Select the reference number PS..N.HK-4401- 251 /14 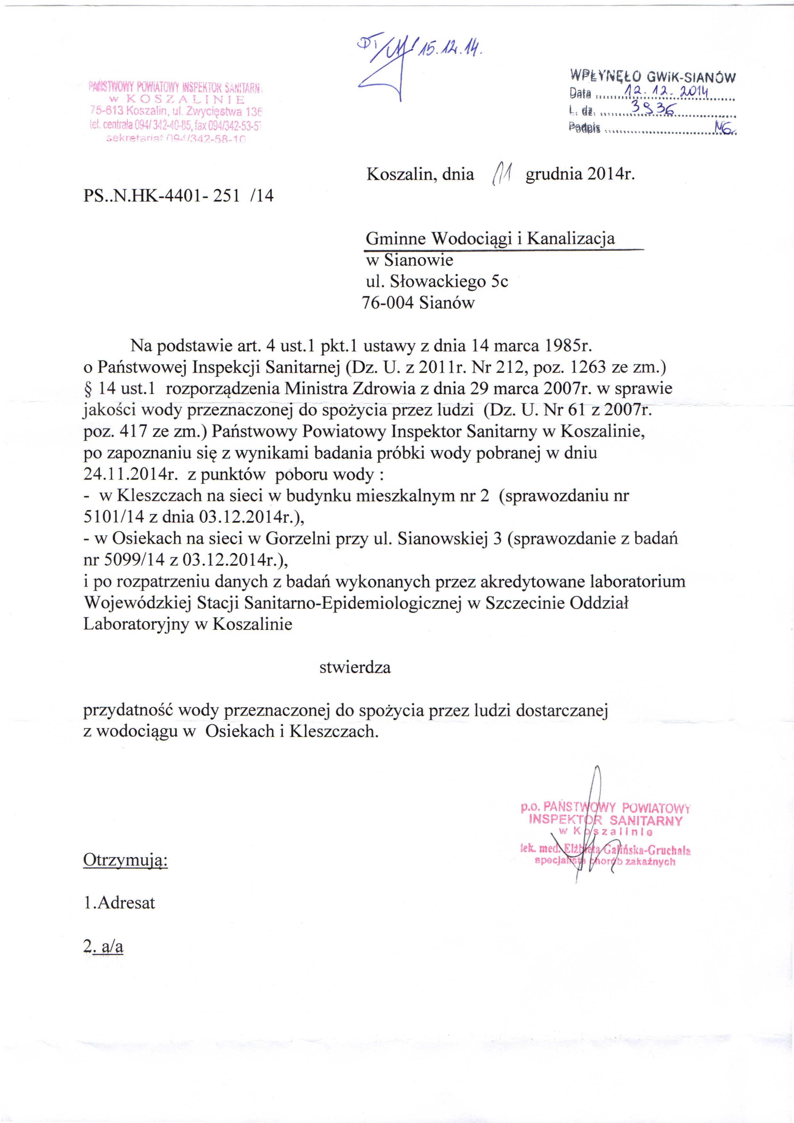(179, 196)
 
